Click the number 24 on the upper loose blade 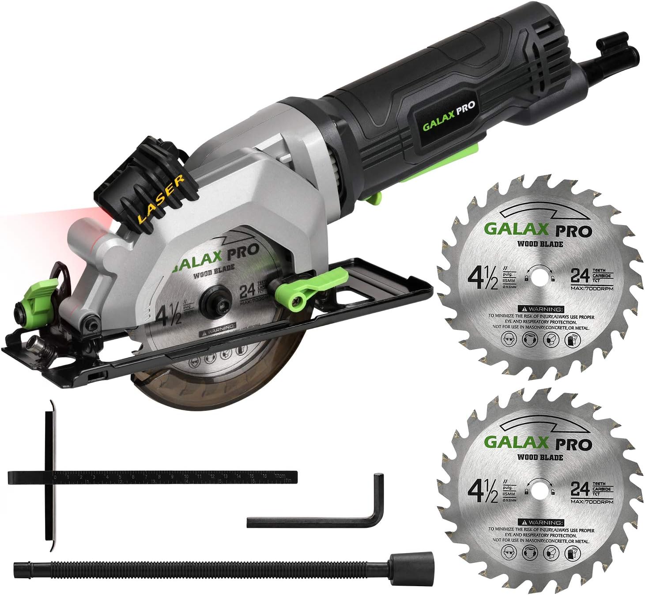click(580, 276)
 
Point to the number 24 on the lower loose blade click(580, 489)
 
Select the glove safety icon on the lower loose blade click(571, 552)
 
